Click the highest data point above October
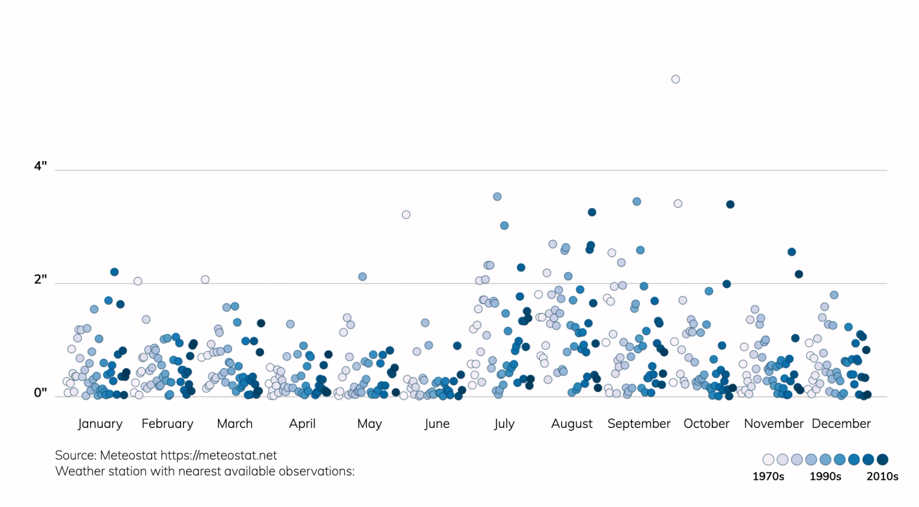pos(675,79)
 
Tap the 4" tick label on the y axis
pos(41,166)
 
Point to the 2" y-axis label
pos(41,280)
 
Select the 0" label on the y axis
pos(41,393)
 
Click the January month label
pos(100,424)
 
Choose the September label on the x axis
pos(639,424)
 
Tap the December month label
pos(841,424)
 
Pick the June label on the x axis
pos(437,424)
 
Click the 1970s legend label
pos(768,476)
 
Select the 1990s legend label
pos(825,476)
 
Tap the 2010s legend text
pos(882,476)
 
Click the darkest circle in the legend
pos(882,460)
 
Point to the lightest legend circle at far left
pos(768,460)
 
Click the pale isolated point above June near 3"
pos(406,214)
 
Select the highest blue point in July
pos(497,197)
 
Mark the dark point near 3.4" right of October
pos(730,204)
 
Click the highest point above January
pos(114,272)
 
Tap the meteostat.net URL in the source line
pos(218,455)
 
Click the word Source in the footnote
pos(76,455)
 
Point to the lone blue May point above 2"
pos(363,277)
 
